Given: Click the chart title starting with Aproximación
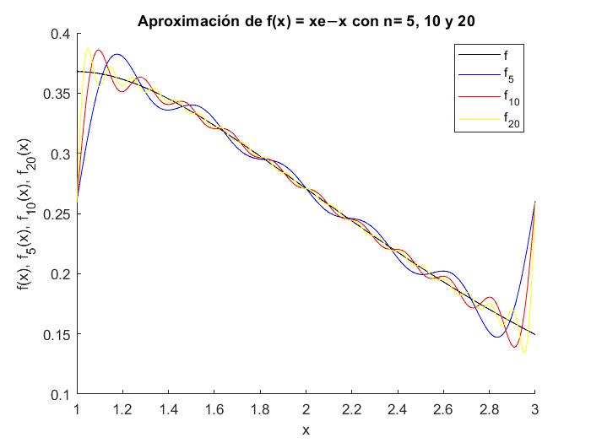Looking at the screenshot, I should [306, 21].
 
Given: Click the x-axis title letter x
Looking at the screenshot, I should [306, 429].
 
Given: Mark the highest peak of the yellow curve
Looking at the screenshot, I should [88, 48].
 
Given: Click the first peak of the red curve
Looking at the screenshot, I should [99, 50].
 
